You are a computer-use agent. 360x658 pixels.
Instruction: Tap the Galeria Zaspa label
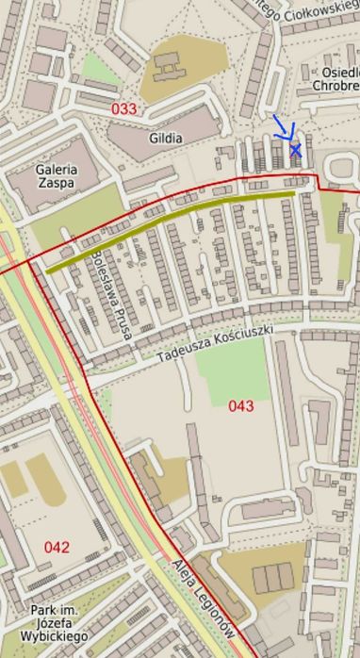tap(56, 175)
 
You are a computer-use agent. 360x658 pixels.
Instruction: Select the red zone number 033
tap(123, 109)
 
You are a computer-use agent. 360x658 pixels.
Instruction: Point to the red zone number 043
tap(241, 405)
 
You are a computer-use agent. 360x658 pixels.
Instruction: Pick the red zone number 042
tap(57, 547)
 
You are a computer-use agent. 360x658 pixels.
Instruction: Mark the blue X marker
tap(296, 150)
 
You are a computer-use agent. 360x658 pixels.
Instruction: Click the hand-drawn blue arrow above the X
tap(284, 129)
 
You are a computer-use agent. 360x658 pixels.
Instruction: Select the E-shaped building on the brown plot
tap(169, 66)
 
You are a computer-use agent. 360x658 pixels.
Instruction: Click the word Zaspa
tap(56, 184)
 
